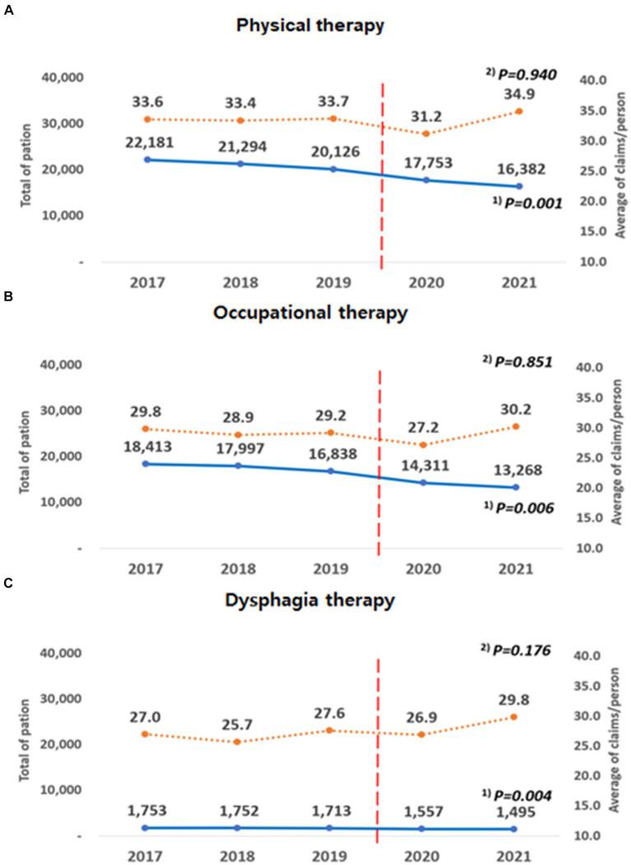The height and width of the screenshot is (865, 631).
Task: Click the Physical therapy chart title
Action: pyautogui.click(x=309, y=26)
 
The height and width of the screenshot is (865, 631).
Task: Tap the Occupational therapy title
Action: pyautogui.click(x=309, y=314)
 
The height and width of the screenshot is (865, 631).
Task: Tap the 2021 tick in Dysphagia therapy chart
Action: pyautogui.click(x=516, y=855)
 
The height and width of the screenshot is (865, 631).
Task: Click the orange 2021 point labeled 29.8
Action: pyautogui.click(x=515, y=717)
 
